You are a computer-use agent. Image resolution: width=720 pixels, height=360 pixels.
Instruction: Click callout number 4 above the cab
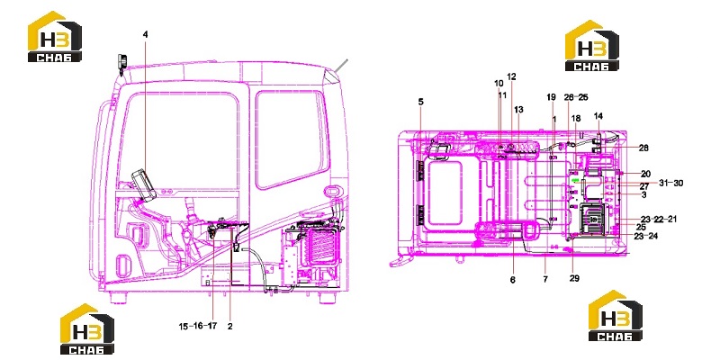(x=146, y=34)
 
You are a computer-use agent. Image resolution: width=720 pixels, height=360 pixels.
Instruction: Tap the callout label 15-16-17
(x=198, y=327)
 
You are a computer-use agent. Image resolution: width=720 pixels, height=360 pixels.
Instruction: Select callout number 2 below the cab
(x=230, y=327)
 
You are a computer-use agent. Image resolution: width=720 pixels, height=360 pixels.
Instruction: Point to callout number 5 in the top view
(x=421, y=102)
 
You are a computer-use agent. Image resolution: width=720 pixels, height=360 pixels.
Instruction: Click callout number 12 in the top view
(x=511, y=76)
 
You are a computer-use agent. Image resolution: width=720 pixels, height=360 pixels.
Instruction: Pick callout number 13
(x=518, y=110)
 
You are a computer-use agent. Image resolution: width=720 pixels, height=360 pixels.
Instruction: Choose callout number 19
(x=551, y=97)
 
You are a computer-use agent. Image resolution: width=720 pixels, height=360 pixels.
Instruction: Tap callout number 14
(x=598, y=116)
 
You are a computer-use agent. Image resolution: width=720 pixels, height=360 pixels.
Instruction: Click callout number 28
(x=643, y=148)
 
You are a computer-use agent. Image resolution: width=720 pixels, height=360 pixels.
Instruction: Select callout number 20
(x=645, y=174)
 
